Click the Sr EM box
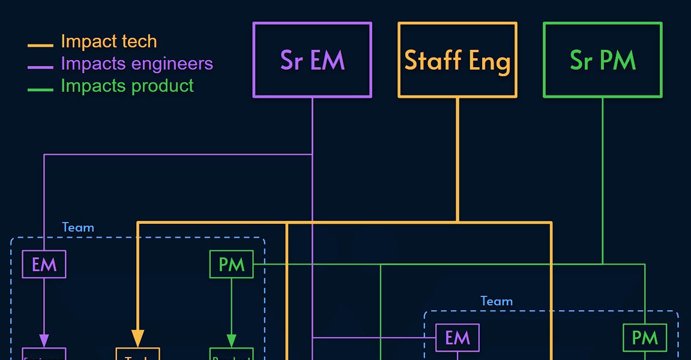pyautogui.click(x=312, y=60)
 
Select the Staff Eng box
pyautogui.click(x=457, y=60)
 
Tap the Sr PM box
pyautogui.click(x=603, y=60)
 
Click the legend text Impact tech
pyautogui.click(x=109, y=41)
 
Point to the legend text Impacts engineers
pyautogui.click(x=137, y=64)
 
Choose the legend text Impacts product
pyautogui.click(x=127, y=86)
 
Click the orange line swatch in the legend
pyautogui.click(x=40, y=45)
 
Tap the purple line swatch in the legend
pyautogui.click(x=40, y=67)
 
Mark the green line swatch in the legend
pyautogui.click(x=40, y=89)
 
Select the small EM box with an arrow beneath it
pyautogui.click(x=44, y=265)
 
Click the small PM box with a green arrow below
pyautogui.click(x=231, y=265)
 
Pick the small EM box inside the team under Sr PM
pyautogui.click(x=457, y=338)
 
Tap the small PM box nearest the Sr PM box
pyautogui.click(x=645, y=338)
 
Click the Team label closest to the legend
pyautogui.click(x=78, y=227)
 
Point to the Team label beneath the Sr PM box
pyautogui.click(x=496, y=301)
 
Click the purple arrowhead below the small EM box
pyautogui.click(x=44, y=341)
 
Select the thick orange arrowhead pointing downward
pyautogui.click(x=137, y=338)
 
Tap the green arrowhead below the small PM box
pyautogui.click(x=231, y=341)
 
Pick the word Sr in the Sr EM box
pyautogui.click(x=291, y=60)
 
